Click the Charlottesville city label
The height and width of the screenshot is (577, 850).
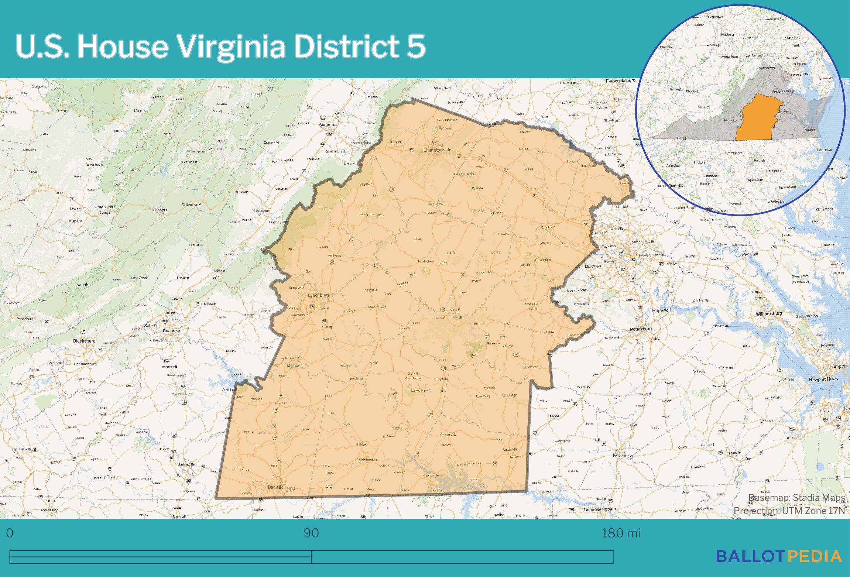point(438,150)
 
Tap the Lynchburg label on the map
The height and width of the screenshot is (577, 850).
point(318,296)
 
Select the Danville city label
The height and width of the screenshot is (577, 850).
point(275,487)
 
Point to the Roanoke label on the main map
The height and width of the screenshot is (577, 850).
point(171,331)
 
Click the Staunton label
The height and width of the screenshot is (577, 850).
point(328,125)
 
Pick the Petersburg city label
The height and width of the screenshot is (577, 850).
point(641,329)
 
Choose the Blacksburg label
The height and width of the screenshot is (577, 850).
point(84,341)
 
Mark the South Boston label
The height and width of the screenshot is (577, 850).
point(366,460)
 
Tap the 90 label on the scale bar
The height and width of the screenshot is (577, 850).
point(311,533)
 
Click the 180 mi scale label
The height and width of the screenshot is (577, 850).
point(621,533)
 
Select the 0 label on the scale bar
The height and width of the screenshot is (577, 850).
point(10,533)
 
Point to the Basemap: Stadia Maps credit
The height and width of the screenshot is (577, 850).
point(796,498)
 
